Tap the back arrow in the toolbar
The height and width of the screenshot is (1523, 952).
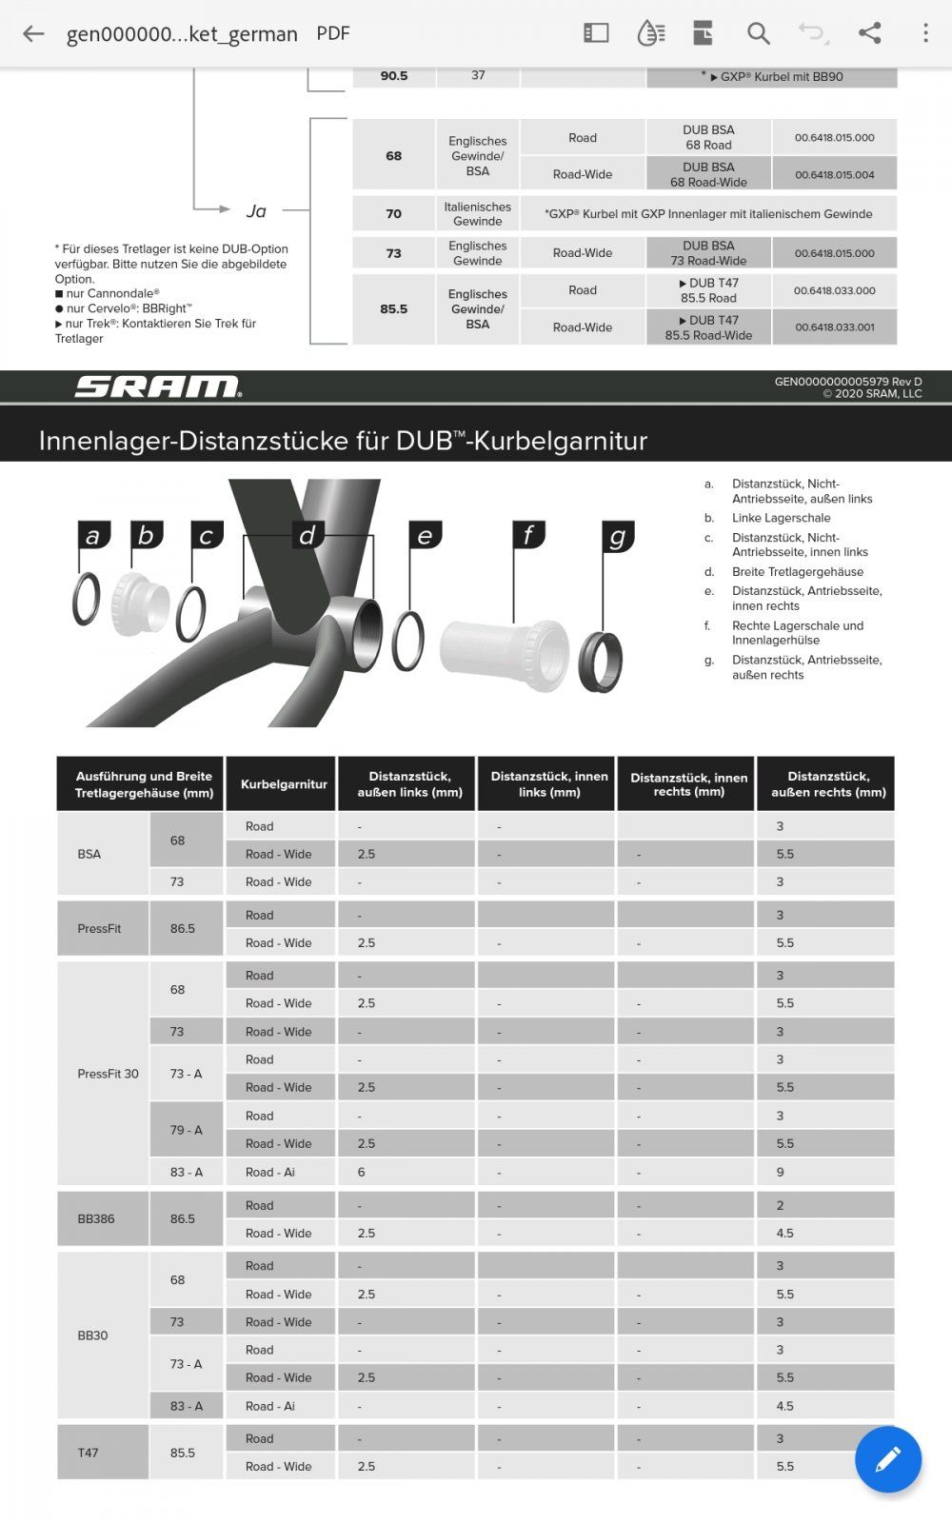click(33, 34)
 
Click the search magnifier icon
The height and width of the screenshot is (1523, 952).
click(758, 34)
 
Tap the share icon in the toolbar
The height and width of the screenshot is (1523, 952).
click(869, 33)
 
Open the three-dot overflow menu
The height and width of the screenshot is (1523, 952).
click(924, 33)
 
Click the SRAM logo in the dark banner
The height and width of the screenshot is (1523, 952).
click(157, 386)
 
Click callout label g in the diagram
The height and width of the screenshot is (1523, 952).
click(618, 537)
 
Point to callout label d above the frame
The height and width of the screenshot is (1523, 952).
click(307, 535)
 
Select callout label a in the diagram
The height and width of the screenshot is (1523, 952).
click(92, 536)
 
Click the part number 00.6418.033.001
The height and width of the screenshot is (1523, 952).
click(834, 327)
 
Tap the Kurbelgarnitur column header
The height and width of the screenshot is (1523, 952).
click(283, 784)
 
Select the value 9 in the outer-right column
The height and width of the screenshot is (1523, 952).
click(781, 1172)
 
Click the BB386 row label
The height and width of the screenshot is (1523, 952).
click(96, 1218)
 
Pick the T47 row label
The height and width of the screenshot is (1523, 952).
click(88, 1453)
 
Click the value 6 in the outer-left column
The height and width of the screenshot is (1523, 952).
click(362, 1172)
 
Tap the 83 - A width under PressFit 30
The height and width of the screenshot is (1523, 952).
click(187, 1172)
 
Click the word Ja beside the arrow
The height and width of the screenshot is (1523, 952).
click(256, 210)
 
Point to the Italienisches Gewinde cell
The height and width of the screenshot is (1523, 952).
click(477, 214)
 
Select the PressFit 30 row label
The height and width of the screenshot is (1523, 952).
click(108, 1074)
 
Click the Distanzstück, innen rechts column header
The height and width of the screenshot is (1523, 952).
click(688, 784)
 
